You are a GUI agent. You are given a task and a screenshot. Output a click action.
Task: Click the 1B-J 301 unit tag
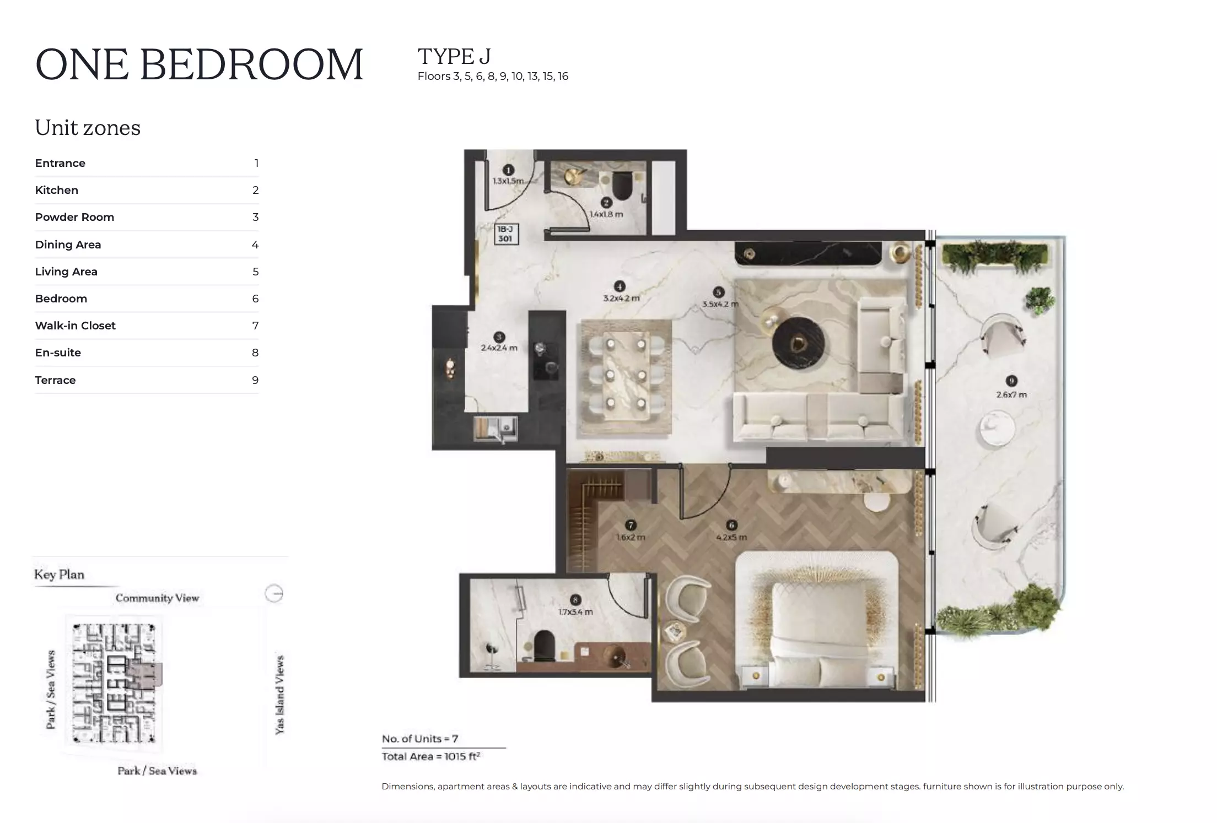coord(505,234)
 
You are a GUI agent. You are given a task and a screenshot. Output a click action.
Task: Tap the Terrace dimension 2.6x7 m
coord(1011,394)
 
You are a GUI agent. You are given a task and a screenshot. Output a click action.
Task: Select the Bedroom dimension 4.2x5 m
coord(731,537)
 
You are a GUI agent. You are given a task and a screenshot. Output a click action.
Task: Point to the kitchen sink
coord(496,429)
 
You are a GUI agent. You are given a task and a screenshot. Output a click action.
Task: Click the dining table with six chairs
coord(625,374)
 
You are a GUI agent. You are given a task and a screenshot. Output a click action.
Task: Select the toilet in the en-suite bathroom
coord(544,646)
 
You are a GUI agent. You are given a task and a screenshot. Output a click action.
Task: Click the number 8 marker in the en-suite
coord(575,600)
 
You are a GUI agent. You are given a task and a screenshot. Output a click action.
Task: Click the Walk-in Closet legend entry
coord(76,326)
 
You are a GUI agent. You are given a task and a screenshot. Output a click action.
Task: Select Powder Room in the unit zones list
coord(74,217)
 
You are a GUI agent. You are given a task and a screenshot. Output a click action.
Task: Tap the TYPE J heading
coord(454,56)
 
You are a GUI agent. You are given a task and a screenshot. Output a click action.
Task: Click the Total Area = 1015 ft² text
coord(430,756)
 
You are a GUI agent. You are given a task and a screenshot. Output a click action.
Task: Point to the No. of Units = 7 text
coord(420,739)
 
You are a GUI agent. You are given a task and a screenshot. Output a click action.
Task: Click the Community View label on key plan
coord(157,598)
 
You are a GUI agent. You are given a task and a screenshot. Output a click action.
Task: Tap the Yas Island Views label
coord(280,694)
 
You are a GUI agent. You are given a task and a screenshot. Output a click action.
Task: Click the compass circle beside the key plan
coord(274,593)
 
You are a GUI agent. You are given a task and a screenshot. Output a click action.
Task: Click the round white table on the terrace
coord(997,429)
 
